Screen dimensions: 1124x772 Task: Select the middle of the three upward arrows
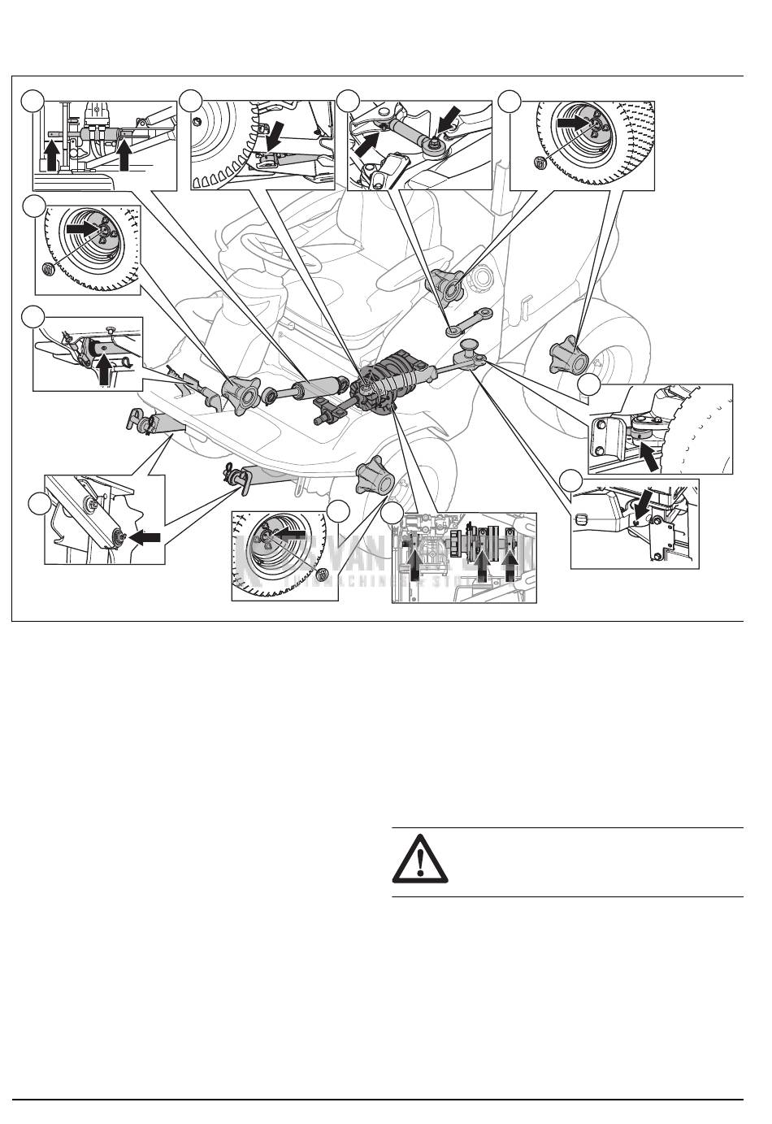pyautogui.click(x=484, y=564)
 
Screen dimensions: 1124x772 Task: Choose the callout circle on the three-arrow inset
pyautogui.click(x=393, y=513)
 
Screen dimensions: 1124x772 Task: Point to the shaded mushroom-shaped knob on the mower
pyautogui.click(x=471, y=349)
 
